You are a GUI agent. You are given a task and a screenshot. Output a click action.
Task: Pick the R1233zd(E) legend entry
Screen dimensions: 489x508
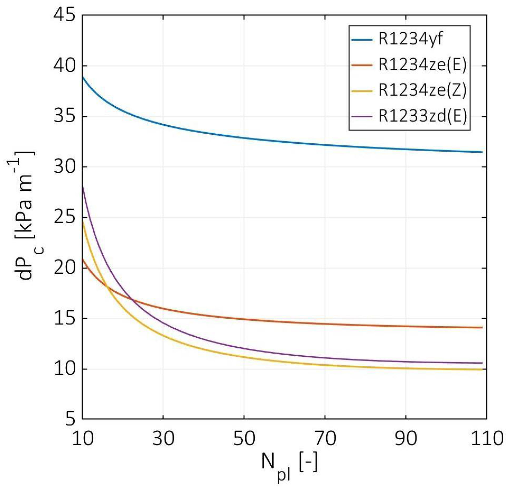(x=423, y=116)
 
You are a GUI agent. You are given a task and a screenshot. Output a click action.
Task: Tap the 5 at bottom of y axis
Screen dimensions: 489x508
(x=70, y=419)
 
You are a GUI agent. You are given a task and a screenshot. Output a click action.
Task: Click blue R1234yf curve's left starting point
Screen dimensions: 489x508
(x=83, y=77)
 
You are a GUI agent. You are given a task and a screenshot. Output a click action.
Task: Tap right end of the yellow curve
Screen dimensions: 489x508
(x=482, y=369)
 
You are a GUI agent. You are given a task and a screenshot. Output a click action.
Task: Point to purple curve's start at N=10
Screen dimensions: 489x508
(x=83, y=186)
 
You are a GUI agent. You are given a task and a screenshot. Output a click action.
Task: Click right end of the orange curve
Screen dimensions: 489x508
(x=482, y=327)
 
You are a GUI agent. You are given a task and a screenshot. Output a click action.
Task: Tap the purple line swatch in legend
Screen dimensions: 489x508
(x=362, y=116)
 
